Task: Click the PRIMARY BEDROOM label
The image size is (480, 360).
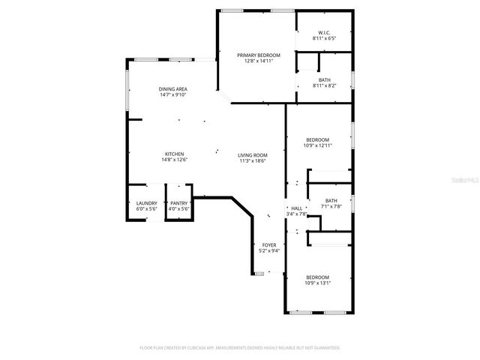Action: pos(259,55)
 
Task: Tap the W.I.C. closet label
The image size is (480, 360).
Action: pos(324,31)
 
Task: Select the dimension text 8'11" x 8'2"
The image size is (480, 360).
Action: pos(324,85)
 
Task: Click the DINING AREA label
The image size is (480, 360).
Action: pos(172,89)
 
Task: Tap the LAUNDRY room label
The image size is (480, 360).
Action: pos(146,203)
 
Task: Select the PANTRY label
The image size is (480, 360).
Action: pos(178,203)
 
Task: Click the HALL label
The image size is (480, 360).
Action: pos(297,208)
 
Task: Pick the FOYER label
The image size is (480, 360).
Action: pos(268,244)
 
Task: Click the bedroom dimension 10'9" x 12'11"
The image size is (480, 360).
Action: pos(317,145)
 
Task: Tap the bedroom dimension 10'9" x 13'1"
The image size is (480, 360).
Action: pos(317,283)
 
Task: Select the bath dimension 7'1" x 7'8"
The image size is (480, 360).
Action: pos(331,206)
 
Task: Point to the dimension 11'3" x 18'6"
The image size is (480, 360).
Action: pos(253,160)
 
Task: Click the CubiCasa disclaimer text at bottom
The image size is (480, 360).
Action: pos(240,348)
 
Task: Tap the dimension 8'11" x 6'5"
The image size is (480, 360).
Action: pos(324,37)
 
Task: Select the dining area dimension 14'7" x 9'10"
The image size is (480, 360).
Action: pos(172,95)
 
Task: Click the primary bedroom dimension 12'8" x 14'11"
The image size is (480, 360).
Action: pos(259,61)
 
